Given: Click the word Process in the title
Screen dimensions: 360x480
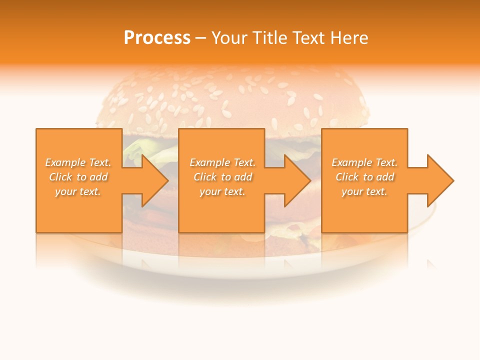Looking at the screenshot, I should click(x=157, y=37).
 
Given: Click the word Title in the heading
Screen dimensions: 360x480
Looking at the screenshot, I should click(x=268, y=37).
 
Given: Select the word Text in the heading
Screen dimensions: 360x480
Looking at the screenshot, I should click(x=309, y=37).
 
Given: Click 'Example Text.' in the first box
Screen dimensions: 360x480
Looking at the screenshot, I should click(x=78, y=162).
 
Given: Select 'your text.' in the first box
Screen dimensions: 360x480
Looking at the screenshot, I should click(x=78, y=191).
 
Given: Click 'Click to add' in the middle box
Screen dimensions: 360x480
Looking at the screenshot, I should click(x=222, y=177).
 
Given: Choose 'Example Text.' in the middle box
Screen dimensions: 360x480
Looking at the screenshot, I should click(x=222, y=162).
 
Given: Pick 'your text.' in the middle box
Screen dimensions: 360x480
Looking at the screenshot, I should click(x=222, y=191).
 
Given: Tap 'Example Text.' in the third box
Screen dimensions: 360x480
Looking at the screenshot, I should click(x=364, y=162).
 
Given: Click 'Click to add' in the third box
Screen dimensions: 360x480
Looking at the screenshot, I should click(x=364, y=177).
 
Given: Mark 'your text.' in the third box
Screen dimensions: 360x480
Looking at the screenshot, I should click(x=364, y=191).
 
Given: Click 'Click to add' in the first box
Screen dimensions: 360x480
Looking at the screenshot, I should click(x=78, y=177).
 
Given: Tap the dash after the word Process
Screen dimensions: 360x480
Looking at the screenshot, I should click(x=200, y=38).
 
